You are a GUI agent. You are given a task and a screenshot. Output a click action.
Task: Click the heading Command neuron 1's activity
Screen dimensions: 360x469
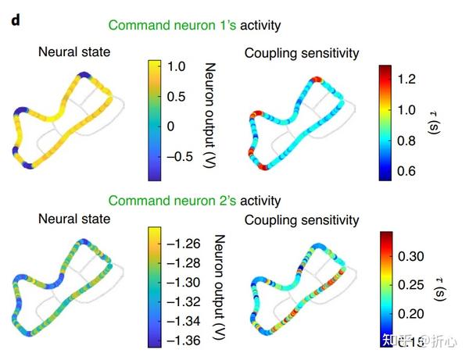point(194,25)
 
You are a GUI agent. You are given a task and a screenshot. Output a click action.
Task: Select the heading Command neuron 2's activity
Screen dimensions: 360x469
point(194,201)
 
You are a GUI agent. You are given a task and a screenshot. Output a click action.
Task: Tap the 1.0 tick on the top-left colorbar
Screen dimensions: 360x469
point(177,68)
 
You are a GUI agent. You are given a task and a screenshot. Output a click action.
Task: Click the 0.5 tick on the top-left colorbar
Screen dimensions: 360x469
point(177,97)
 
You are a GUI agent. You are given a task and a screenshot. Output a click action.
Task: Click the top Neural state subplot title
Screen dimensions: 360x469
point(74,52)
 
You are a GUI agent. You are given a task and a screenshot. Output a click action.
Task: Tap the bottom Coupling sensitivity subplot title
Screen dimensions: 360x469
point(302,220)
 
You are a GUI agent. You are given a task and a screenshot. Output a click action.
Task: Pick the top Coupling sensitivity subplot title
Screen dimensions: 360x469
point(302,53)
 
